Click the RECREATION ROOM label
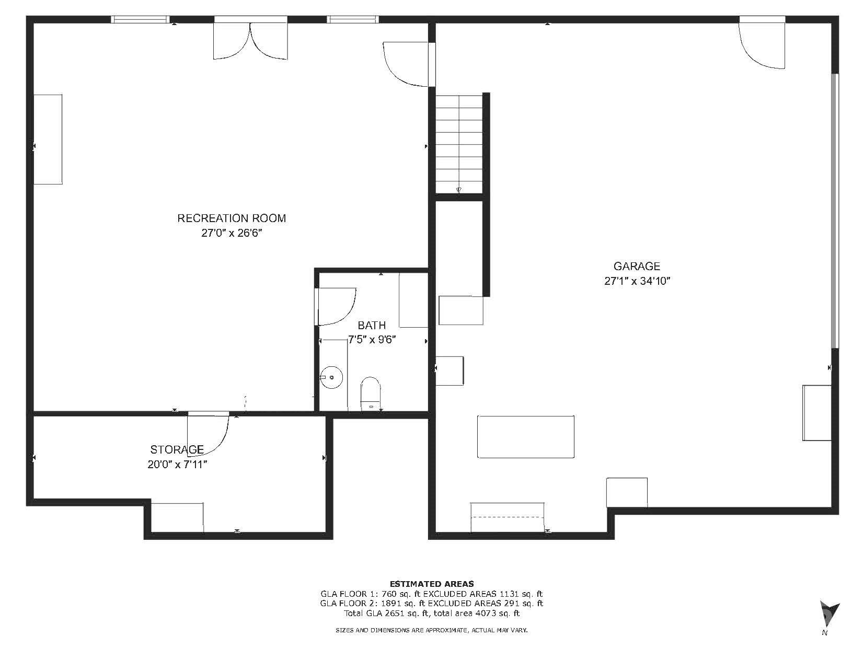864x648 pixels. [x=232, y=218]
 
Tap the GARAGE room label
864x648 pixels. [x=637, y=267]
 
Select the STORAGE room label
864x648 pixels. [x=177, y=449]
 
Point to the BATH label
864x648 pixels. [x=372, y=326]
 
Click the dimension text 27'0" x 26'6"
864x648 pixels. [x=232, y=233]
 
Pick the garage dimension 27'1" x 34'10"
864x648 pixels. [x=637, y=281]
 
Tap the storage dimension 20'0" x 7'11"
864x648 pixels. [x=177, y=465]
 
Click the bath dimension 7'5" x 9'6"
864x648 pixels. [x=372, y=340]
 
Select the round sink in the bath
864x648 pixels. [x=331, y=377]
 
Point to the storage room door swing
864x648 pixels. [x=208, y=434]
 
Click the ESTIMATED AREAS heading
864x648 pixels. [x=432, y=584]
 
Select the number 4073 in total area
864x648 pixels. [x=487, y=613]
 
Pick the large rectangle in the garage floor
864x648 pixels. [x=525, y=437]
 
